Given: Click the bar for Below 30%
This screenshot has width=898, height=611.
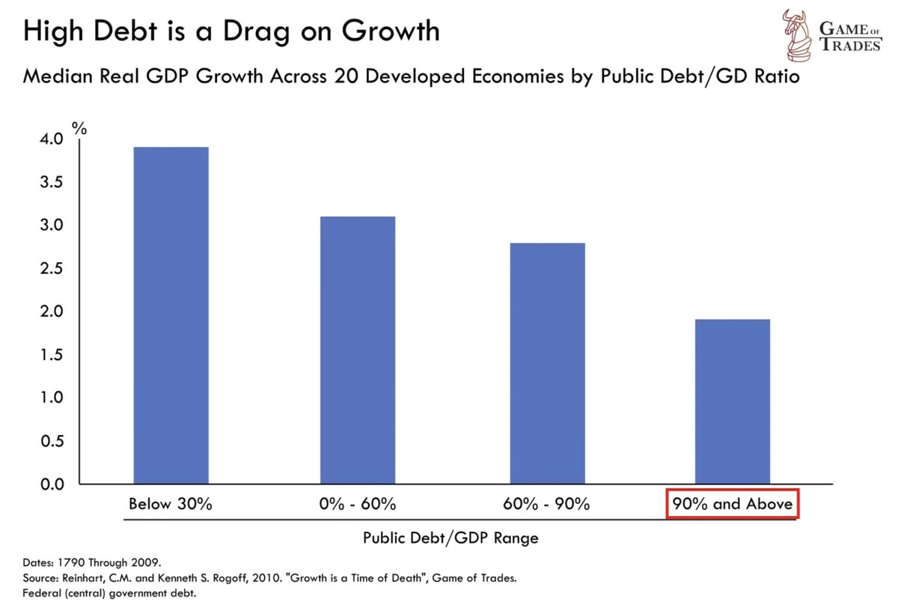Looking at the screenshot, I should coord(171,315).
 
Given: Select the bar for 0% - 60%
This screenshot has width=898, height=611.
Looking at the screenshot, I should coord(358,350).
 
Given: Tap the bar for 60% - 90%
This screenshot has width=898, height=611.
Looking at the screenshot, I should coord(547,363).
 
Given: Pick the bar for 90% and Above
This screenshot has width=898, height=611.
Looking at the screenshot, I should coord(733,401).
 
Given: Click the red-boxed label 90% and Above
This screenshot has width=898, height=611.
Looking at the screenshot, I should coord(733,504).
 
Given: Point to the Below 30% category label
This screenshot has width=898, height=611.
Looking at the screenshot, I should coord(171,504).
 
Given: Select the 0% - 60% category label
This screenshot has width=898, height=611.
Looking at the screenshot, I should coord(358,504).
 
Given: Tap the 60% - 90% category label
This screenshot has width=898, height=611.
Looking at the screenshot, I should coord(547,504).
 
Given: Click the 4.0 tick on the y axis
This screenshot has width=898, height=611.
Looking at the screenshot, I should coord(51,139).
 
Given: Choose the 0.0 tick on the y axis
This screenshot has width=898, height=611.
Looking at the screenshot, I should coord(51,484).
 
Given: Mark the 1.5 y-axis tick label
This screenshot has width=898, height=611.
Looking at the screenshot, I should coord(51,355).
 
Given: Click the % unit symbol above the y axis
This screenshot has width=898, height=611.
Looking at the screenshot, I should coord(79,128).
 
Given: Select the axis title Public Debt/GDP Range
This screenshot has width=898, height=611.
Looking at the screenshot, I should coord(450,538).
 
